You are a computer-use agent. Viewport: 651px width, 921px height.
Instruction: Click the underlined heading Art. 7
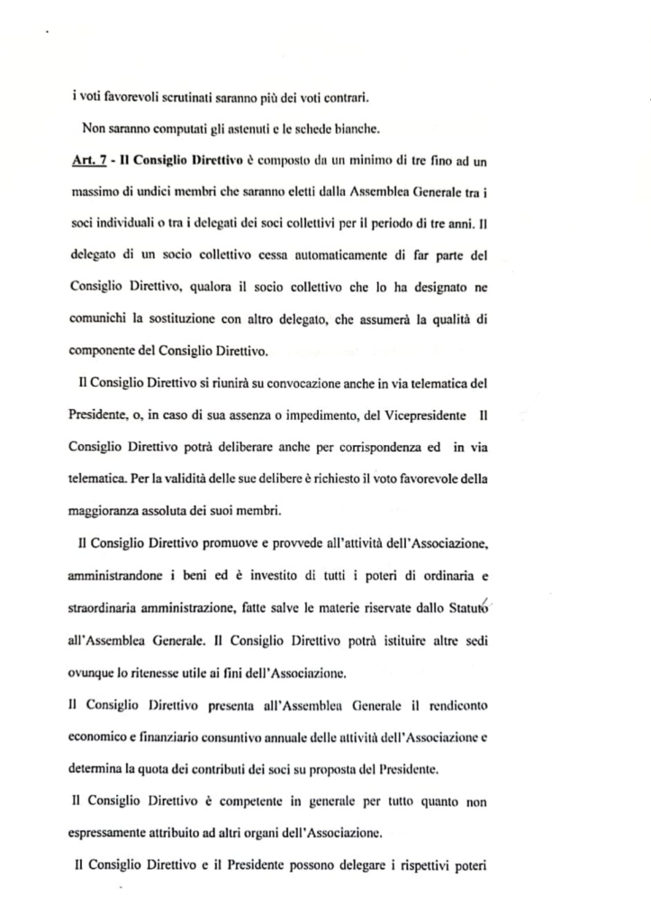point(89,161)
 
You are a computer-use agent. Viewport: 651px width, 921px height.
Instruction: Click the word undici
point(162,192)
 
